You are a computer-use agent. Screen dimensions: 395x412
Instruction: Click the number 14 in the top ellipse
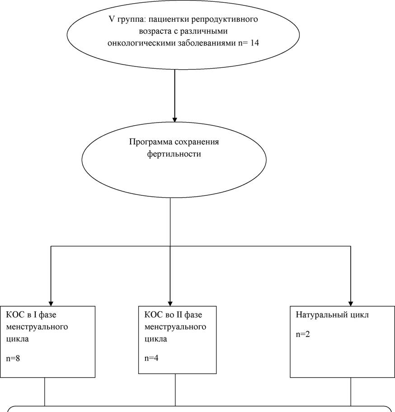coord(254,43)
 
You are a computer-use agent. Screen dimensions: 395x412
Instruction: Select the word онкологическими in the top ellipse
coord(142,43)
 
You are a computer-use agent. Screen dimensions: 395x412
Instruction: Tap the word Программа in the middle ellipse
coord(150,142)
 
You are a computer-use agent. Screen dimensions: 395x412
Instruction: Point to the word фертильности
coord(174,154)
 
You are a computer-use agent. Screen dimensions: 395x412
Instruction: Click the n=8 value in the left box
coord(13,358)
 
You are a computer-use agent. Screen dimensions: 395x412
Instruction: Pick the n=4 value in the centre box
coord(151,358)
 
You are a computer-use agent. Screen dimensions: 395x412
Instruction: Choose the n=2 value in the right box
coord(303,334)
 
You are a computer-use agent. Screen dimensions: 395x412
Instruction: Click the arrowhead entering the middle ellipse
coord(174,119)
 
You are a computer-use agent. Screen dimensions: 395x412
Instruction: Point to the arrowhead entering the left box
coord(51,303)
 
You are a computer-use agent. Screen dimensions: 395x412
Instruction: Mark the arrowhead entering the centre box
coord(170,303)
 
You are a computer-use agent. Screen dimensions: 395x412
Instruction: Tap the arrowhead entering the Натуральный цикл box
coord(351,303)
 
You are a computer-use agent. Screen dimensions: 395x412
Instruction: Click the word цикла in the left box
coord(17,339)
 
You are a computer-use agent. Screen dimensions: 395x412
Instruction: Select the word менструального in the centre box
coord(175,327)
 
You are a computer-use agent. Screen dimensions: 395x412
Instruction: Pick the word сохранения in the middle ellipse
coord(197,142)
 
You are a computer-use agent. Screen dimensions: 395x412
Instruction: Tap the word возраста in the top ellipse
coord(155,32)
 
